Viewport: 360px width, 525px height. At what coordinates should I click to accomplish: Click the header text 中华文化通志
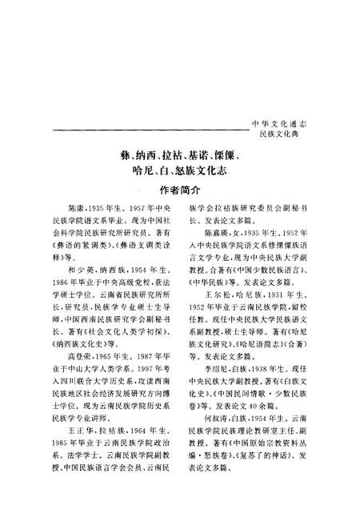[x=286, y=126]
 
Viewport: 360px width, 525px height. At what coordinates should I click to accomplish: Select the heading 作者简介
[x=178, y=191]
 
